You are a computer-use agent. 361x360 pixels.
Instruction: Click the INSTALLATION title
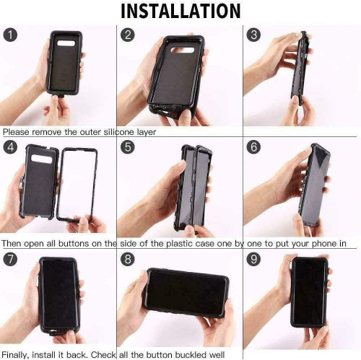point(180,12)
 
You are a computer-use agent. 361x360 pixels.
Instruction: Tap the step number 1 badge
point(9,35)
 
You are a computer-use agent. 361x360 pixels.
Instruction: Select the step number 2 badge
point(129,35)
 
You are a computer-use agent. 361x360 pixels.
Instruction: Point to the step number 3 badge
point(253,35)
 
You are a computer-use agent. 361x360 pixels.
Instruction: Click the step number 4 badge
point(9,147)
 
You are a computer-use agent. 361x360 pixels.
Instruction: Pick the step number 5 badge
point(129,147)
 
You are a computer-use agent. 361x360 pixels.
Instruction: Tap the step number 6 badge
point(253,147)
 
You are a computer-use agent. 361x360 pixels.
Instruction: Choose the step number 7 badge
point(9,259)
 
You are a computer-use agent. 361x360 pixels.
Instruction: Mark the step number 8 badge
point(129,259)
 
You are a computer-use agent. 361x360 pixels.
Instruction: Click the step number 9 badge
point(253,259)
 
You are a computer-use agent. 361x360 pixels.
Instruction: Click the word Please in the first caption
point(17,133)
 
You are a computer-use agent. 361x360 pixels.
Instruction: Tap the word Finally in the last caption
point(17,354)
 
